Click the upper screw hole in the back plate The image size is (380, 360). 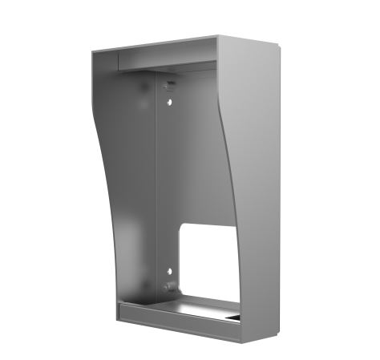point(169,102)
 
